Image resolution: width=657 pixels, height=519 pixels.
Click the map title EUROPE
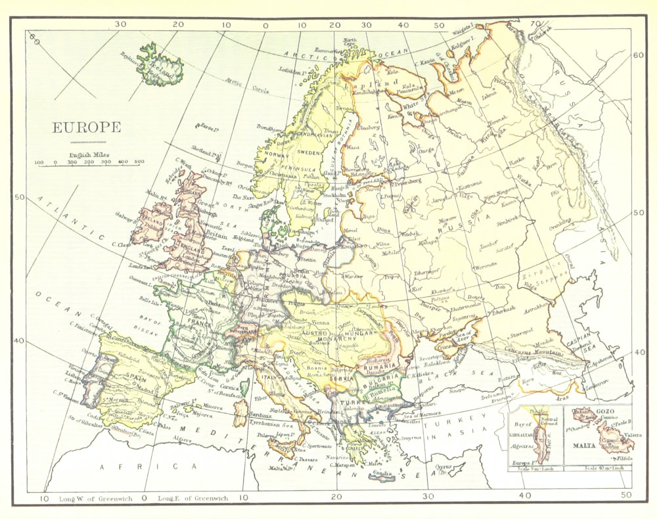point(86,127)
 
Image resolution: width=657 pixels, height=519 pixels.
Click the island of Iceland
point(159,66)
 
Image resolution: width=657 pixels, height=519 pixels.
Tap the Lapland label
point(379,83)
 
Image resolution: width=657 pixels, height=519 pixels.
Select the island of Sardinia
point(240,411)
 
